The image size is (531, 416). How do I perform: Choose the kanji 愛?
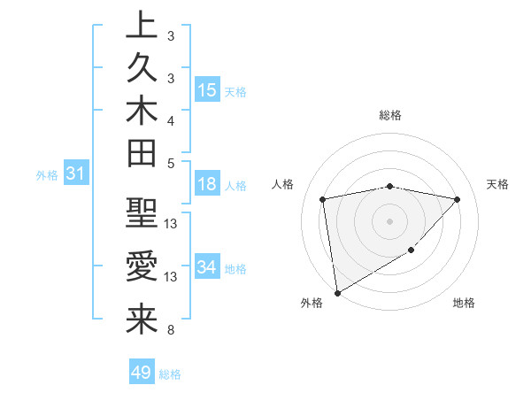tap(142, 267)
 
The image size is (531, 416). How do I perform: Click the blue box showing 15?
tap(207, 90)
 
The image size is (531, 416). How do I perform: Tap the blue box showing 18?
tap(207, 185)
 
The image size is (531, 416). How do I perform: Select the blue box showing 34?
tap(207, 267)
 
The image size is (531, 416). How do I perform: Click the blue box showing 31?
tap(76, 174)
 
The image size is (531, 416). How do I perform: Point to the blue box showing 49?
tap(142, 373)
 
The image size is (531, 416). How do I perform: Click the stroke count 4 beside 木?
tap(171, 119)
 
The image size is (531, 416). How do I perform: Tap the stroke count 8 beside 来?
tap(171, 330)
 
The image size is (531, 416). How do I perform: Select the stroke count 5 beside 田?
tap(171, 163)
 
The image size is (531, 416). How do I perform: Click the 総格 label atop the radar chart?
tap(390, 115)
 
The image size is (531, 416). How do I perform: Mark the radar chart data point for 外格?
tap(337, 292)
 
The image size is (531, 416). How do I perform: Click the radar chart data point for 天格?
tap(458, 199)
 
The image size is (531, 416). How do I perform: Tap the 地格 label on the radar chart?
tap(464, 304)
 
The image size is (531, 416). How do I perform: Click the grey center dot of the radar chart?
tap(390, 221)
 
